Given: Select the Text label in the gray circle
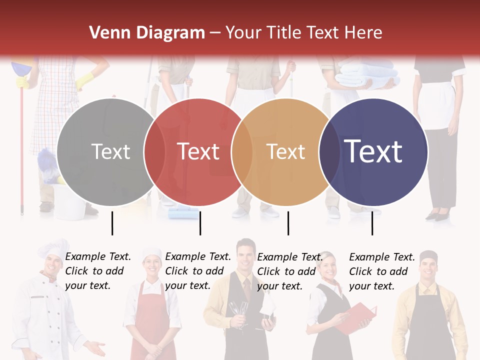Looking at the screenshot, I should point(110,151).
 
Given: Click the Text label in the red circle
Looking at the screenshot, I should point(198,151).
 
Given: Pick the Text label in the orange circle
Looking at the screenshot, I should point(285,151).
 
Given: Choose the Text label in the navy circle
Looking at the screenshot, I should point(373,151).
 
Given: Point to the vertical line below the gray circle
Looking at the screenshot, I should point(112,223).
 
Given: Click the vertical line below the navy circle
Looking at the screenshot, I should point(372,223).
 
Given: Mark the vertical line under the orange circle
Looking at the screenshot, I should point(288,223).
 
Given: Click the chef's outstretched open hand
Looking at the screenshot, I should point(95,347).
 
